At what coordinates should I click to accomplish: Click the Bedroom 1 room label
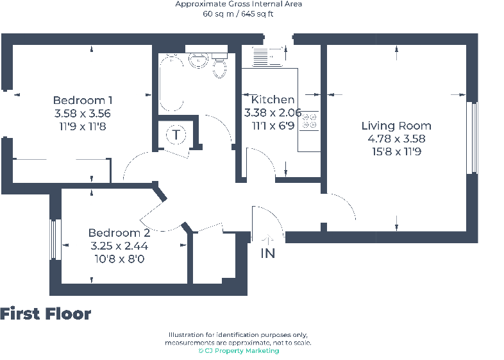coord(83,100)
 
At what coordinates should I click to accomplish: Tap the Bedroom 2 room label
coord(119,232)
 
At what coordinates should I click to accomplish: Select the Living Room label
coord(396,126)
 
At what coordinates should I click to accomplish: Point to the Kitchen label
coord(273,99)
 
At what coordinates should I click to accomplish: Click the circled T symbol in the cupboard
coord(176,135)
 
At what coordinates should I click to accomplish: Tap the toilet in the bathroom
coord(219,65)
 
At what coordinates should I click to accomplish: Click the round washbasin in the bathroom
coord(198,60)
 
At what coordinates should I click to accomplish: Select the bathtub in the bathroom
coord(171,83)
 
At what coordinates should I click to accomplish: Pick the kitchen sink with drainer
coord(268,56)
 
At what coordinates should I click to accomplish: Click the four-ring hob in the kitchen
coord(310,121)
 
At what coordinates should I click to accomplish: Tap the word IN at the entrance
coord(268,253)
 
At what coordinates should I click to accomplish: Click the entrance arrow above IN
coord(267,239)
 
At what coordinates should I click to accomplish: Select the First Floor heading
coord(46,314)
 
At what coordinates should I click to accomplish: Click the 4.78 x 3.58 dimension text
coord(396,139)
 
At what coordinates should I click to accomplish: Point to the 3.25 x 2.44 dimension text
coord(119,246)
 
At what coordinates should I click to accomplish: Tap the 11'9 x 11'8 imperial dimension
coord(83,127)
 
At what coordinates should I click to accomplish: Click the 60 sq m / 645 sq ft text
coord(238,14)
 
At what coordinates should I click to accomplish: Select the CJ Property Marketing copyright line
coord(239,350)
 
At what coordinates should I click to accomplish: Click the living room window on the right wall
coord(472,138)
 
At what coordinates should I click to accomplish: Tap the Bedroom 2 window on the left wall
coord(55,239)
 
